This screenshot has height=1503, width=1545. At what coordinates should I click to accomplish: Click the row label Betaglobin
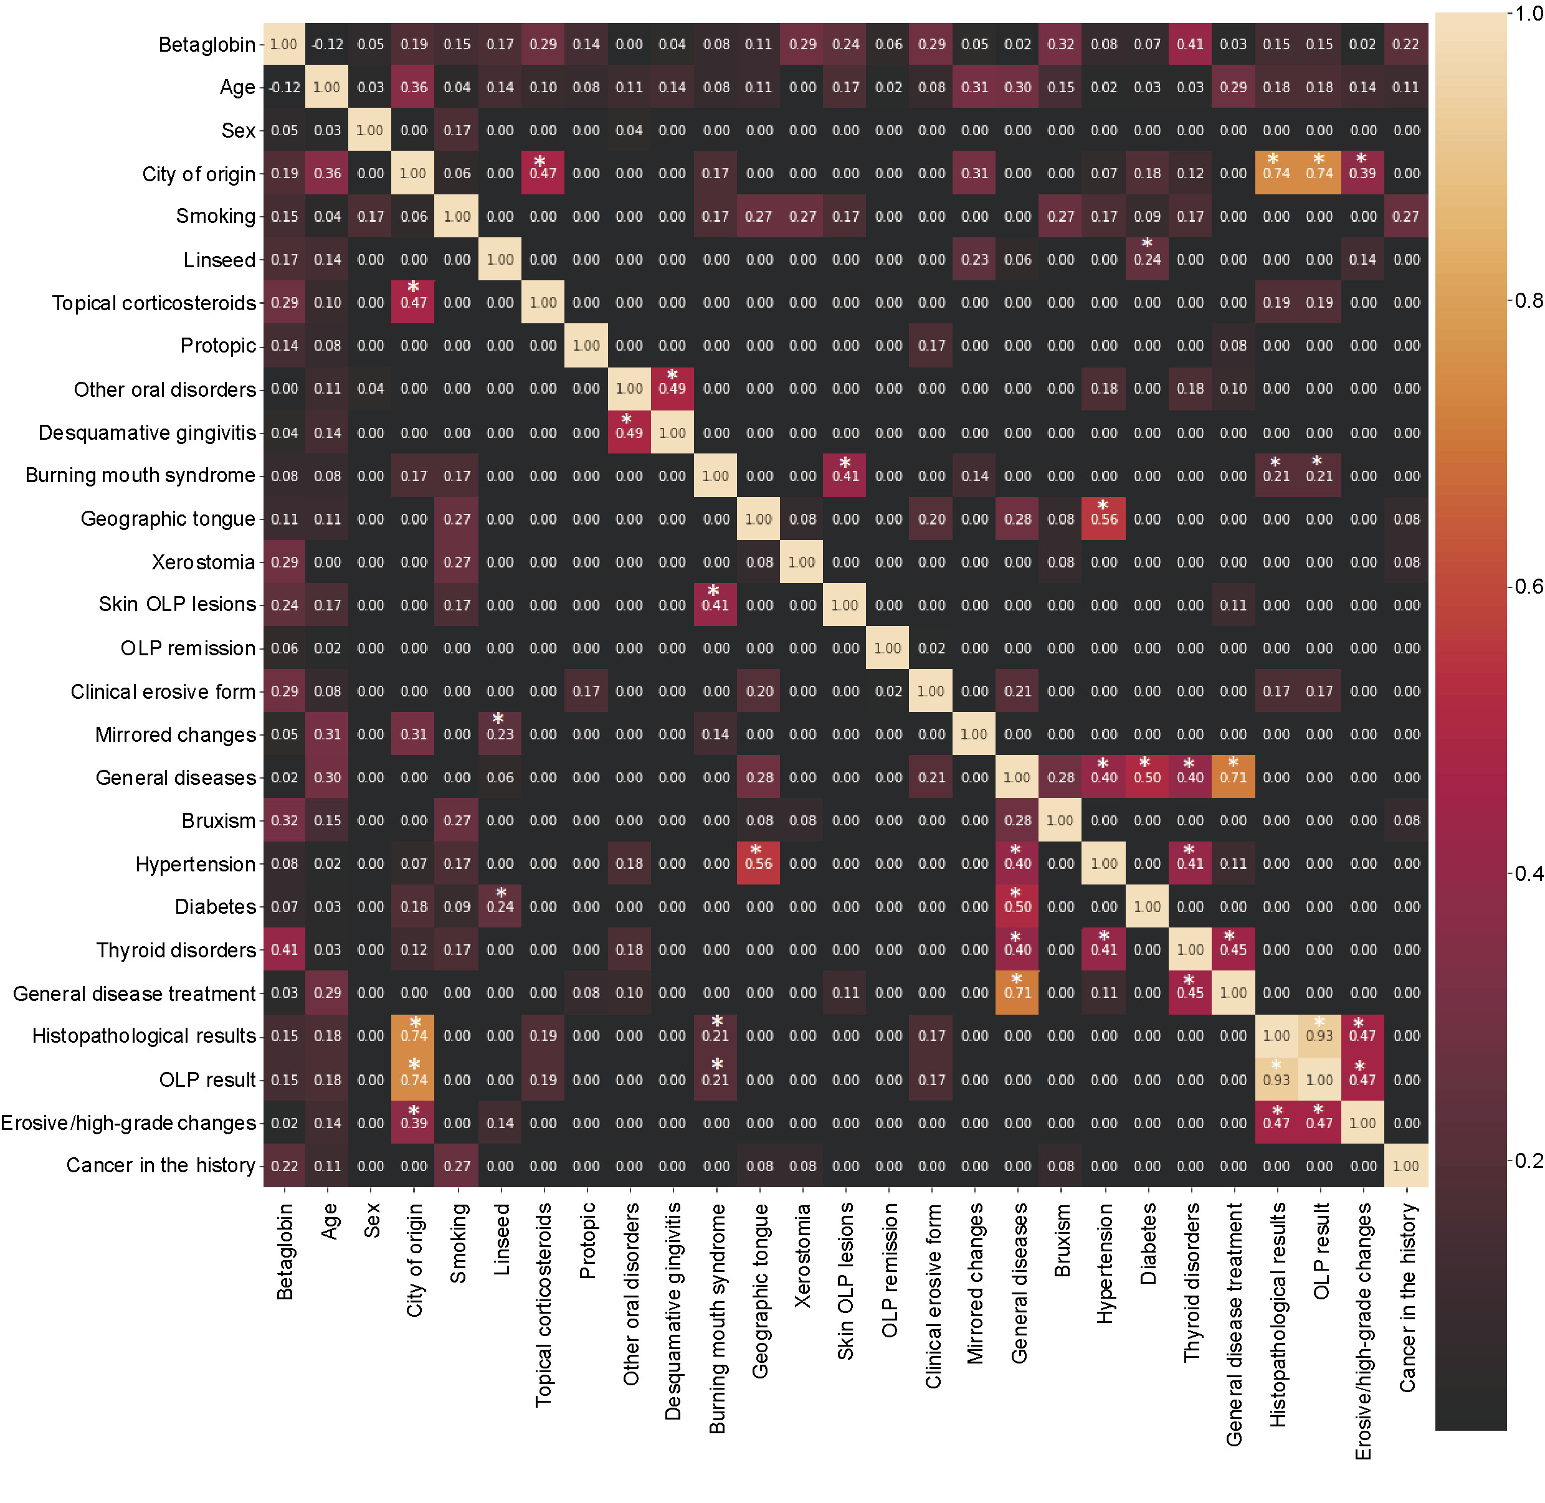[x=207, y=44]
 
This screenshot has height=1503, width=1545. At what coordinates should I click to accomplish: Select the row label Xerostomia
[x=203, y=562]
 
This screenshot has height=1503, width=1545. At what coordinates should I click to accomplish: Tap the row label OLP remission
[x=188, y=648]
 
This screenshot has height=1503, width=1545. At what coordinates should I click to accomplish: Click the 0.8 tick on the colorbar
[x=1528, y=301]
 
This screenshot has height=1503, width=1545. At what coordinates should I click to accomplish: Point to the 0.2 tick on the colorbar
[x=1528, y=1160]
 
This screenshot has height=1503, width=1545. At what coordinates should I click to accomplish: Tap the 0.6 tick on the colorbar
[x=1528, y=587]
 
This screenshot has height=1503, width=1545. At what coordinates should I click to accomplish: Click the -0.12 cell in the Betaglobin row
[x=327, y=44]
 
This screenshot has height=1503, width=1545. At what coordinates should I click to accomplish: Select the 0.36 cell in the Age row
[x=414, y=87]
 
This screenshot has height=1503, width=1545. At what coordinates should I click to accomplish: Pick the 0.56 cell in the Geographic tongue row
[x=1104, y=519]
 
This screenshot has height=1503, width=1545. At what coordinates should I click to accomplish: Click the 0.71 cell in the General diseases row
[x=1233, y=777]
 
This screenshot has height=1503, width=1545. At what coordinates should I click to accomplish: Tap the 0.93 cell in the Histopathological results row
[x=1319, y=1036]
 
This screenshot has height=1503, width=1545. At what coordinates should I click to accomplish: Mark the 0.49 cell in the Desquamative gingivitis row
[x=629, y=432]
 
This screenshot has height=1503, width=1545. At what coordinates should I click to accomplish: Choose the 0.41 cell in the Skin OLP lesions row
[x=715, y=605]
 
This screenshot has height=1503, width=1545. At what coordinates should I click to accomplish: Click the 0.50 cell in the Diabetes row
[x=1017, y=906]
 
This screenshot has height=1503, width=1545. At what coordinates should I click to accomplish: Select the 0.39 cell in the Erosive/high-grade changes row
[x=414, y=1122]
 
